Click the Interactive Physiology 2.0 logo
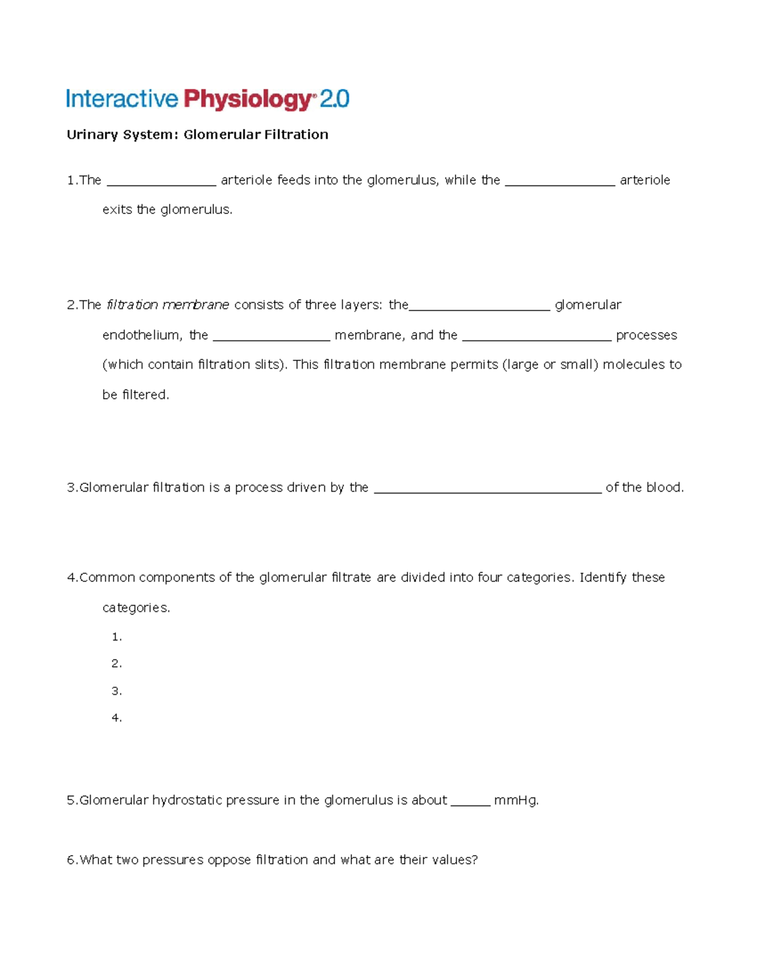click(208, 99)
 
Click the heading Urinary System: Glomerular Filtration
click(197, 134)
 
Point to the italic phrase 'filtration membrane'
click(168, 305)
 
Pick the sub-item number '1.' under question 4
click(117, 637)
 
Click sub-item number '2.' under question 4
click(117, 664)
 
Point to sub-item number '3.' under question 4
click(117, 691)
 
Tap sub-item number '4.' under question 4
click(117, 718)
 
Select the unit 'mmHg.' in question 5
click(517, 801)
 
